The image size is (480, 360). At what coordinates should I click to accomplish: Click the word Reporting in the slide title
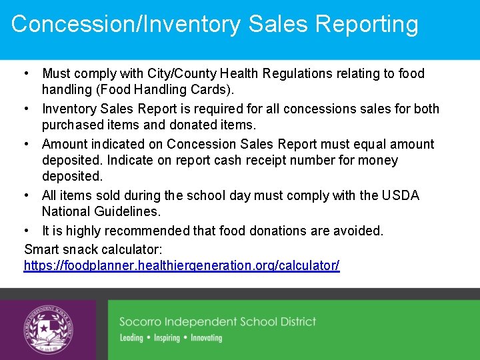pyautogui.click(x=367, y=24)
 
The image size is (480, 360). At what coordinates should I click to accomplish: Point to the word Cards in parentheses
pyautogui.click(x=213, y=89)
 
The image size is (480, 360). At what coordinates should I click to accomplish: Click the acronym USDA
pyautogui.click(x=401, y=195)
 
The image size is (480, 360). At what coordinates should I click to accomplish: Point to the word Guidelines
pyautogui.click(x=128, y=211)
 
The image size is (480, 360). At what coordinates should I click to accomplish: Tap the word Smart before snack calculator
pyautogui.click(x=41, y=249)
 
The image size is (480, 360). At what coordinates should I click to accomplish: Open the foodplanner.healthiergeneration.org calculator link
pyautogui.click(x=181, y=265)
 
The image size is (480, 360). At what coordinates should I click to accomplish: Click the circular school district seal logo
pyautogui.click(x=49, y=329)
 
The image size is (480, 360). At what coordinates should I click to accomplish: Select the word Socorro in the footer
pyautogui.click(x=142, y=322)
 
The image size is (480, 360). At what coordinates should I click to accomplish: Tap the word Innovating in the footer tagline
pyautogui.click(x=206, y=338)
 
